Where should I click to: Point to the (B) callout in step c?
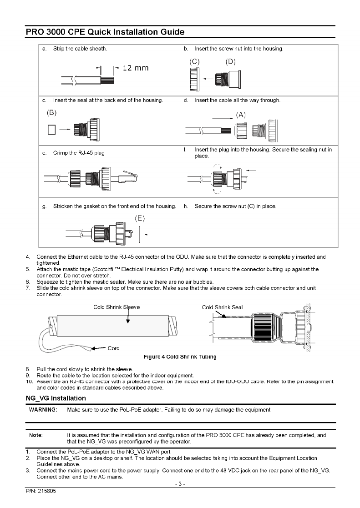[x=50, y=112]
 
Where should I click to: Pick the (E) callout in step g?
[x=140, y=219]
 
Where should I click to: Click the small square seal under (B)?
[x=51, y=130]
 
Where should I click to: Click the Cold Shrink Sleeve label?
[x=117, y=307]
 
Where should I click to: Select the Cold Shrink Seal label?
[x=222, y=307]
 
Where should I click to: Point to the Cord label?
[x=113, y=348]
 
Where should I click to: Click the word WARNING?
[x=43, y=410]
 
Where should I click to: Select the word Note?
[x=36, y=435]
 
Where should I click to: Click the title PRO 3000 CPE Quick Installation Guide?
[x=105, y=32]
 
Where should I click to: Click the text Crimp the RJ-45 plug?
[x=79, y=153]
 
